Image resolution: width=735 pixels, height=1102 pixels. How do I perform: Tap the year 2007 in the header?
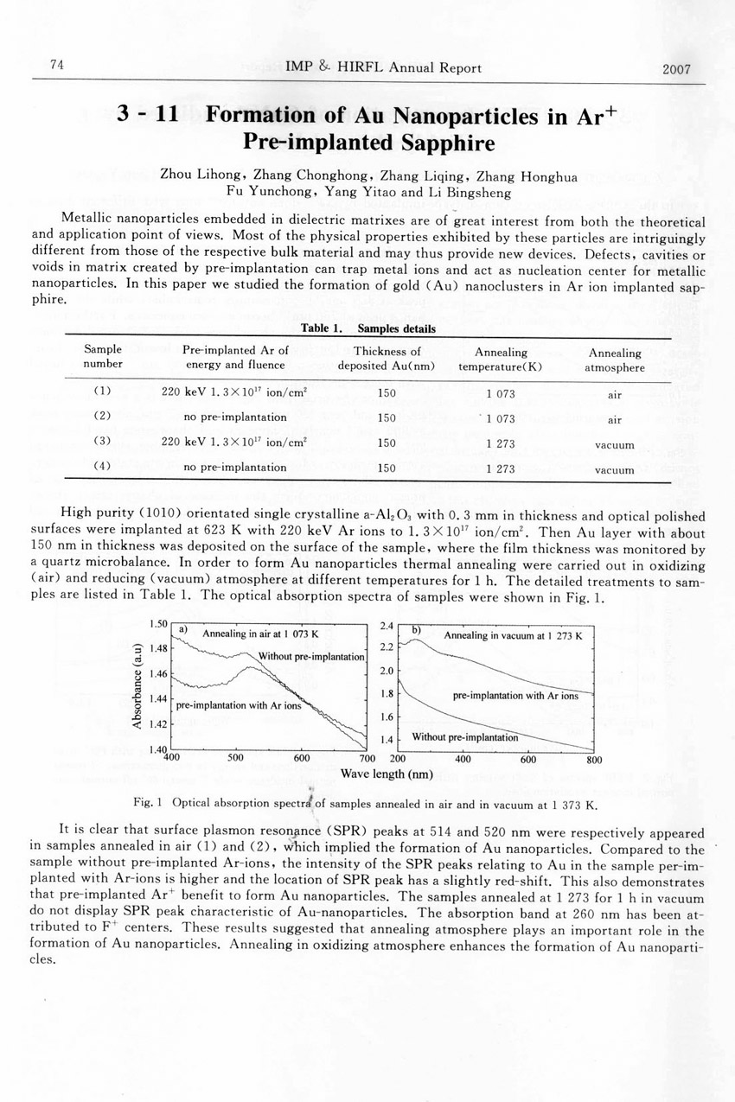pos(675,69)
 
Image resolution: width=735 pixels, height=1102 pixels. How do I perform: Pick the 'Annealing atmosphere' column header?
pos(615,360)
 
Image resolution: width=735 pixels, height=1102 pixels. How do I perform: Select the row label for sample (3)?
pos(102,443)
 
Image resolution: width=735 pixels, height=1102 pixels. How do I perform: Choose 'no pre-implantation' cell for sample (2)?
pos(236,417)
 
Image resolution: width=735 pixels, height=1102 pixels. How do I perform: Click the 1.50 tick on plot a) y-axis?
pos(157,624)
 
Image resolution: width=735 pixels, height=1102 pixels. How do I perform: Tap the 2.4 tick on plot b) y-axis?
pos(386,624)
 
